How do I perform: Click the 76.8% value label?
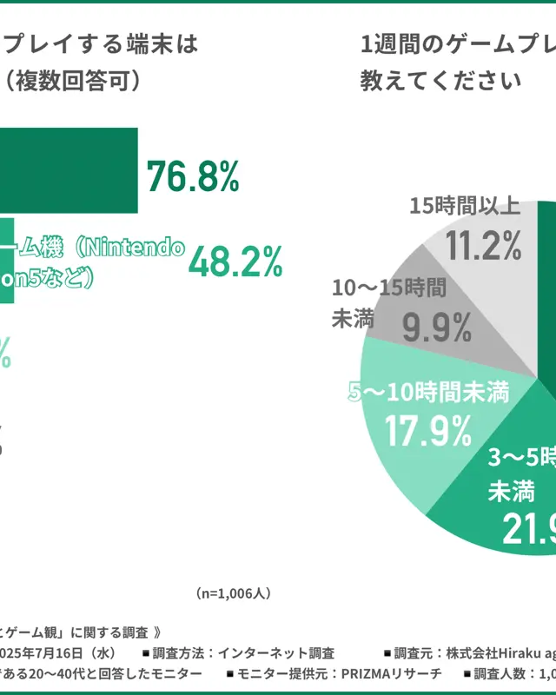(192, 176)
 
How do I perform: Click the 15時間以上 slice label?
(465, 206)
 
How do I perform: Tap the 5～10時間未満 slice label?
(428, 393)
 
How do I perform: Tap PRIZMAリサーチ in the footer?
(391, 673)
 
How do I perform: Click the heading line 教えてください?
(440, 81)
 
